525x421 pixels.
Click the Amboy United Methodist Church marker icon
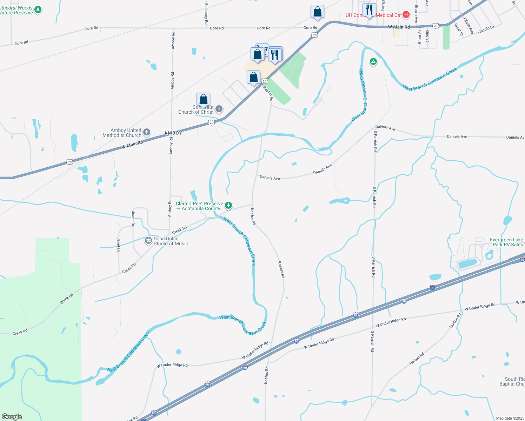[x=147, y=132]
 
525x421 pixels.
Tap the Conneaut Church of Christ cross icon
[x=219, y=109]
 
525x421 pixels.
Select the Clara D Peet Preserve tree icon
[x=228, y=206]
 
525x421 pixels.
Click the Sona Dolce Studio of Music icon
[x=148, y=241]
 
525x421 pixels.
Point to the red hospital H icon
[x=406, y=15]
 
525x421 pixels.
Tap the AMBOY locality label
[x=173, y=133]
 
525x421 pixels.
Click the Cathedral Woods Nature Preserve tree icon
[x=38, y=10]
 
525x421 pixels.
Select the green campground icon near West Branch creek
[x=373, y=62]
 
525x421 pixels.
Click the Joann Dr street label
[x=133, y=218]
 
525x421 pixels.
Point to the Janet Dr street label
[x=119, y=245]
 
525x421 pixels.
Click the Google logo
[x=12, y=416]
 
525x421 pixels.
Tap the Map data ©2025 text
[x=510, y=418]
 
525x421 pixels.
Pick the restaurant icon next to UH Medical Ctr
[x=369, y=10]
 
